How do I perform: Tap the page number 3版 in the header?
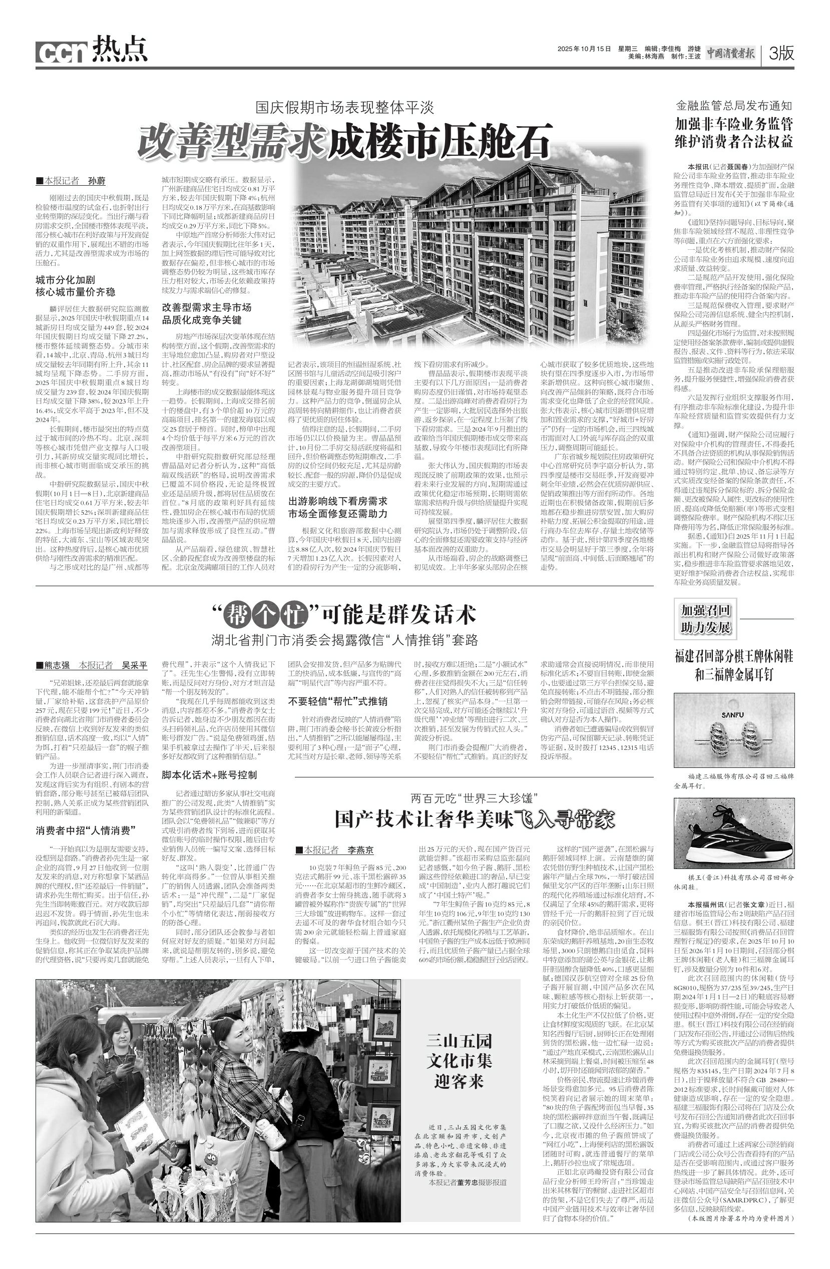coord(781,53)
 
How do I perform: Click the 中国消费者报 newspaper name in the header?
coord(731,53)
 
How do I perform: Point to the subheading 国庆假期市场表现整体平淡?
coord(344,108)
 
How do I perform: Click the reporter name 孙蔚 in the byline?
coord(97,181)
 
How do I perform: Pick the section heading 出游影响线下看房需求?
coord(338,501)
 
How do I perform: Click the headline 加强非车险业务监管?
coord(734,124)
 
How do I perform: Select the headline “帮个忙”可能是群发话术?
coord(344,615)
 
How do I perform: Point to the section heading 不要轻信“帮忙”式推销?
coord(338,701)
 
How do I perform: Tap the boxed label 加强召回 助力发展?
coord(705,619)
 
